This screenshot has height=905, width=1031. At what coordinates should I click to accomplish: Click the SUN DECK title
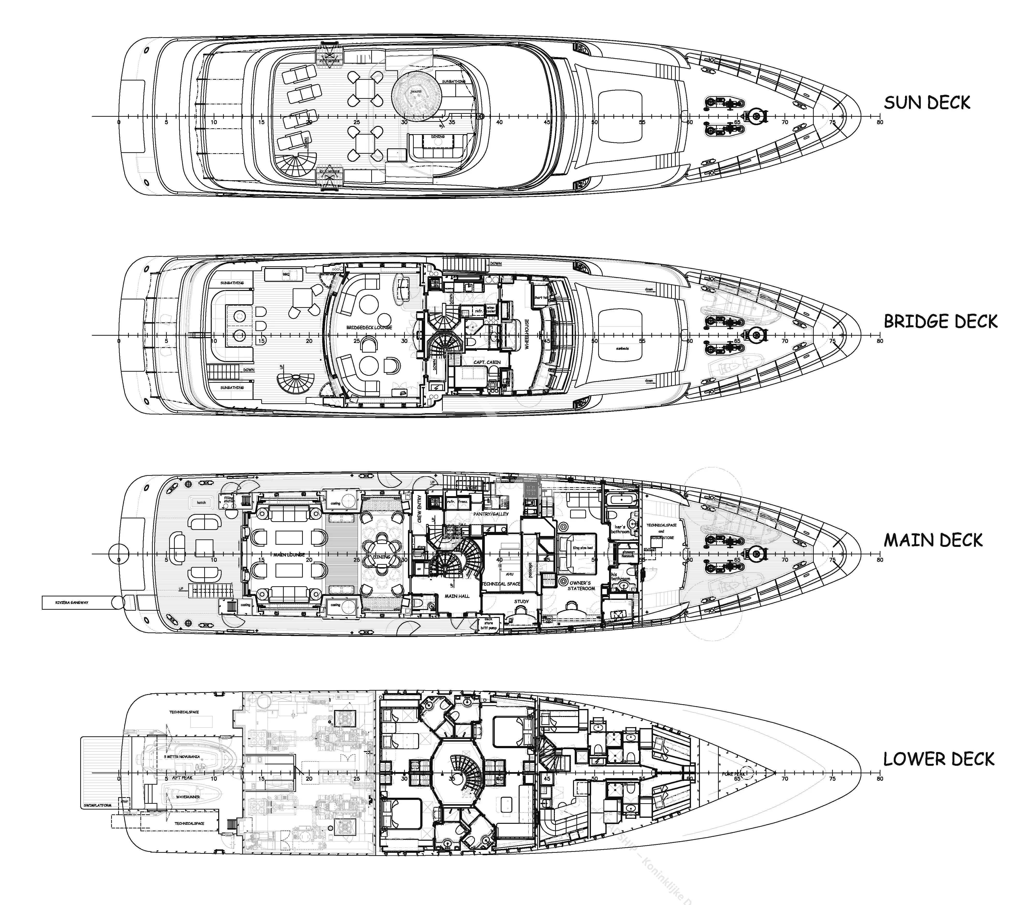(x=927, y=103)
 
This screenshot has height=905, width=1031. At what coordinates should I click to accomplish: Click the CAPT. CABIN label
(x=487, y=362)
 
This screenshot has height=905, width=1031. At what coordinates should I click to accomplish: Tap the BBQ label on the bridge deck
(x=286, y=274)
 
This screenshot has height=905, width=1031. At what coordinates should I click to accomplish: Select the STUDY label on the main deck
(x=522, y=601)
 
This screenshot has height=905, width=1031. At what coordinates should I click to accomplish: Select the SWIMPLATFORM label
(x=97, y=806)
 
